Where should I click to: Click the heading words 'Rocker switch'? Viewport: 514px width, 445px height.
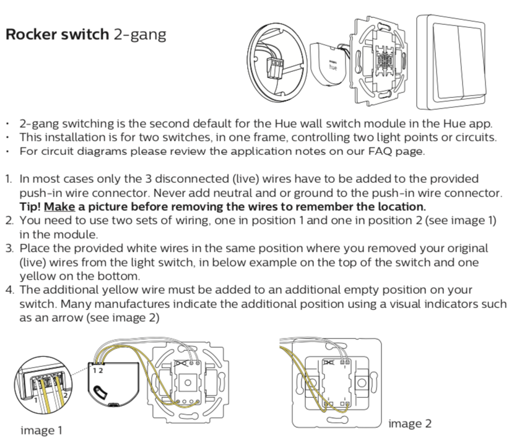tap(57, 34)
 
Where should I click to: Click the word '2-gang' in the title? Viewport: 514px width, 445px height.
tap(140, 35)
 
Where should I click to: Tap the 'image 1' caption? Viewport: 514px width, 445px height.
tap(41, 430)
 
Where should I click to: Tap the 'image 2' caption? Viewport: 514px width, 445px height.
tap(409, 423)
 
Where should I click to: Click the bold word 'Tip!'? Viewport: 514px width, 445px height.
tap(30, 206)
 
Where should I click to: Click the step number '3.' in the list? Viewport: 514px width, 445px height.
tap(9, 248)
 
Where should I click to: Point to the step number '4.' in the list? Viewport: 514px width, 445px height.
tap(9, 290)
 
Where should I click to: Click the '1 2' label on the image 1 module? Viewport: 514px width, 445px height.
tap(98, 369)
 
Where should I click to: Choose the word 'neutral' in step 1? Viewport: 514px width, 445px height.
tap(264, 193)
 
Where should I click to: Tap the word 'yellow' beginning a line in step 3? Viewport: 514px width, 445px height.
tap(37, 276)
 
